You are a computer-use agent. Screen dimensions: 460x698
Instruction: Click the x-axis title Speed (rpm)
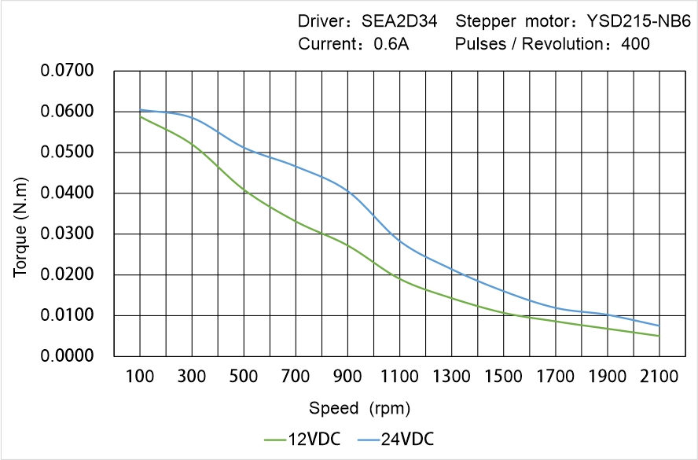[x=359, y=408]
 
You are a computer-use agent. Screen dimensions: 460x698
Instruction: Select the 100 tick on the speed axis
[x=140, y=377]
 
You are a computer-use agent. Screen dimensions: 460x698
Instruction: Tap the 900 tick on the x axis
[x=347, y=377]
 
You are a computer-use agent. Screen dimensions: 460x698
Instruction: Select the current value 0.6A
[x=391, y=44]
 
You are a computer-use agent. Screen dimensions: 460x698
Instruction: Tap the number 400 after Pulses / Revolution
[x=635, y=44]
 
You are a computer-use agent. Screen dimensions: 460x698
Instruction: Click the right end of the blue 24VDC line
[x=659, y=326]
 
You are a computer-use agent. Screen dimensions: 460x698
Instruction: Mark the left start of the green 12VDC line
[x=141, y=116]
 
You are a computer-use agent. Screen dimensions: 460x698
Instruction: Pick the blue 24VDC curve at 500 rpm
[x=244, y=148]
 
